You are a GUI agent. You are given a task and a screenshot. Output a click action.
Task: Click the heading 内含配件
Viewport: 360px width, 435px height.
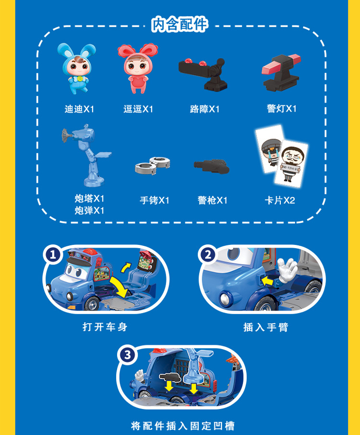pyautogui.click(x=180, y=24)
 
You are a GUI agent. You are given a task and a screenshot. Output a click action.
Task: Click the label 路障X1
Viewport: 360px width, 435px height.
pyautogui.click(x=204, y=109)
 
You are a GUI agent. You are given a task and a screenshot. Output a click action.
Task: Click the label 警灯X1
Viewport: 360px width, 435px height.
pyautogui.click(x=282, y=109)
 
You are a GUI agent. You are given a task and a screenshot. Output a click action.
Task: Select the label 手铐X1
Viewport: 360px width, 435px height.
pyautogui.click(x=154, y=200)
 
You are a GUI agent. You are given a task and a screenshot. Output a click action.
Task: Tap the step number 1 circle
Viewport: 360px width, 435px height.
pyautogui.click(x=53, y=254)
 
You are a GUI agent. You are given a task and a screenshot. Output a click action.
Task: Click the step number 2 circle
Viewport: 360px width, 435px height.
pyautogui.click(x=208, y=254)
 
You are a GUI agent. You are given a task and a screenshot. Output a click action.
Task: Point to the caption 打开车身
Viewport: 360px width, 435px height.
pyautogui.click(x=105, y=327)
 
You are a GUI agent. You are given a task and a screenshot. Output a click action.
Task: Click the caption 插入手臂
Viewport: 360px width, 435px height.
pyautogui.click(x=266, y=327)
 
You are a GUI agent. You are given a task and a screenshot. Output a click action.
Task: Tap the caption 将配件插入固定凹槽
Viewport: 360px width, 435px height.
pyautogui.click(x=183, y=425)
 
